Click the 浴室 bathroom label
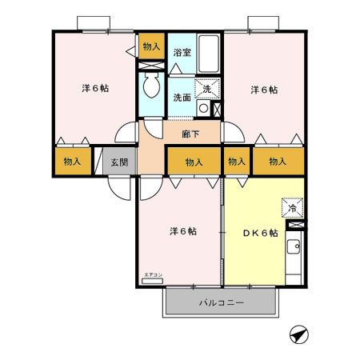coord(182,53)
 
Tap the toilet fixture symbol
coord(151,86)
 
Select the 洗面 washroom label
coord(182,98)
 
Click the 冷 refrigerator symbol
coord(292,208)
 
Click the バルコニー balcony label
coord(222,303)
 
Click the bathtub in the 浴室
coord(207,54)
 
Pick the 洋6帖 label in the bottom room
coord(182,231)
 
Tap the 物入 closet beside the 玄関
coord(73,161)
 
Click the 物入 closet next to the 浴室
coord(151,47)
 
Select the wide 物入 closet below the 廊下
coord(194,162)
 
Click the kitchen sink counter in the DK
coord(294,256)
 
